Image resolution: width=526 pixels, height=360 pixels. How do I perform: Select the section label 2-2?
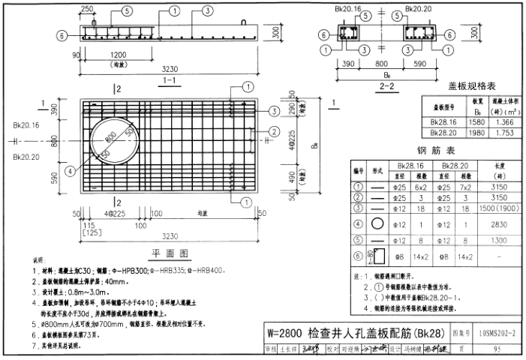[x=388, y=87]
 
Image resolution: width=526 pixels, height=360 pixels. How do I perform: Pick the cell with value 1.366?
[x=503, y=121]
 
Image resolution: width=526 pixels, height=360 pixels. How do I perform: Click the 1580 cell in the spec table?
[x=478, y=121]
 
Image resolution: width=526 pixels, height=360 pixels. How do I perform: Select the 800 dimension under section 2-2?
[x=382, y=64]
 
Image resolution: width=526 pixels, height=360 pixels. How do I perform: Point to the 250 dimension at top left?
[x=87, y=8]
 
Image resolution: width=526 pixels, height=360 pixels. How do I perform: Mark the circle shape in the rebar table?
[x=377, y=223]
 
